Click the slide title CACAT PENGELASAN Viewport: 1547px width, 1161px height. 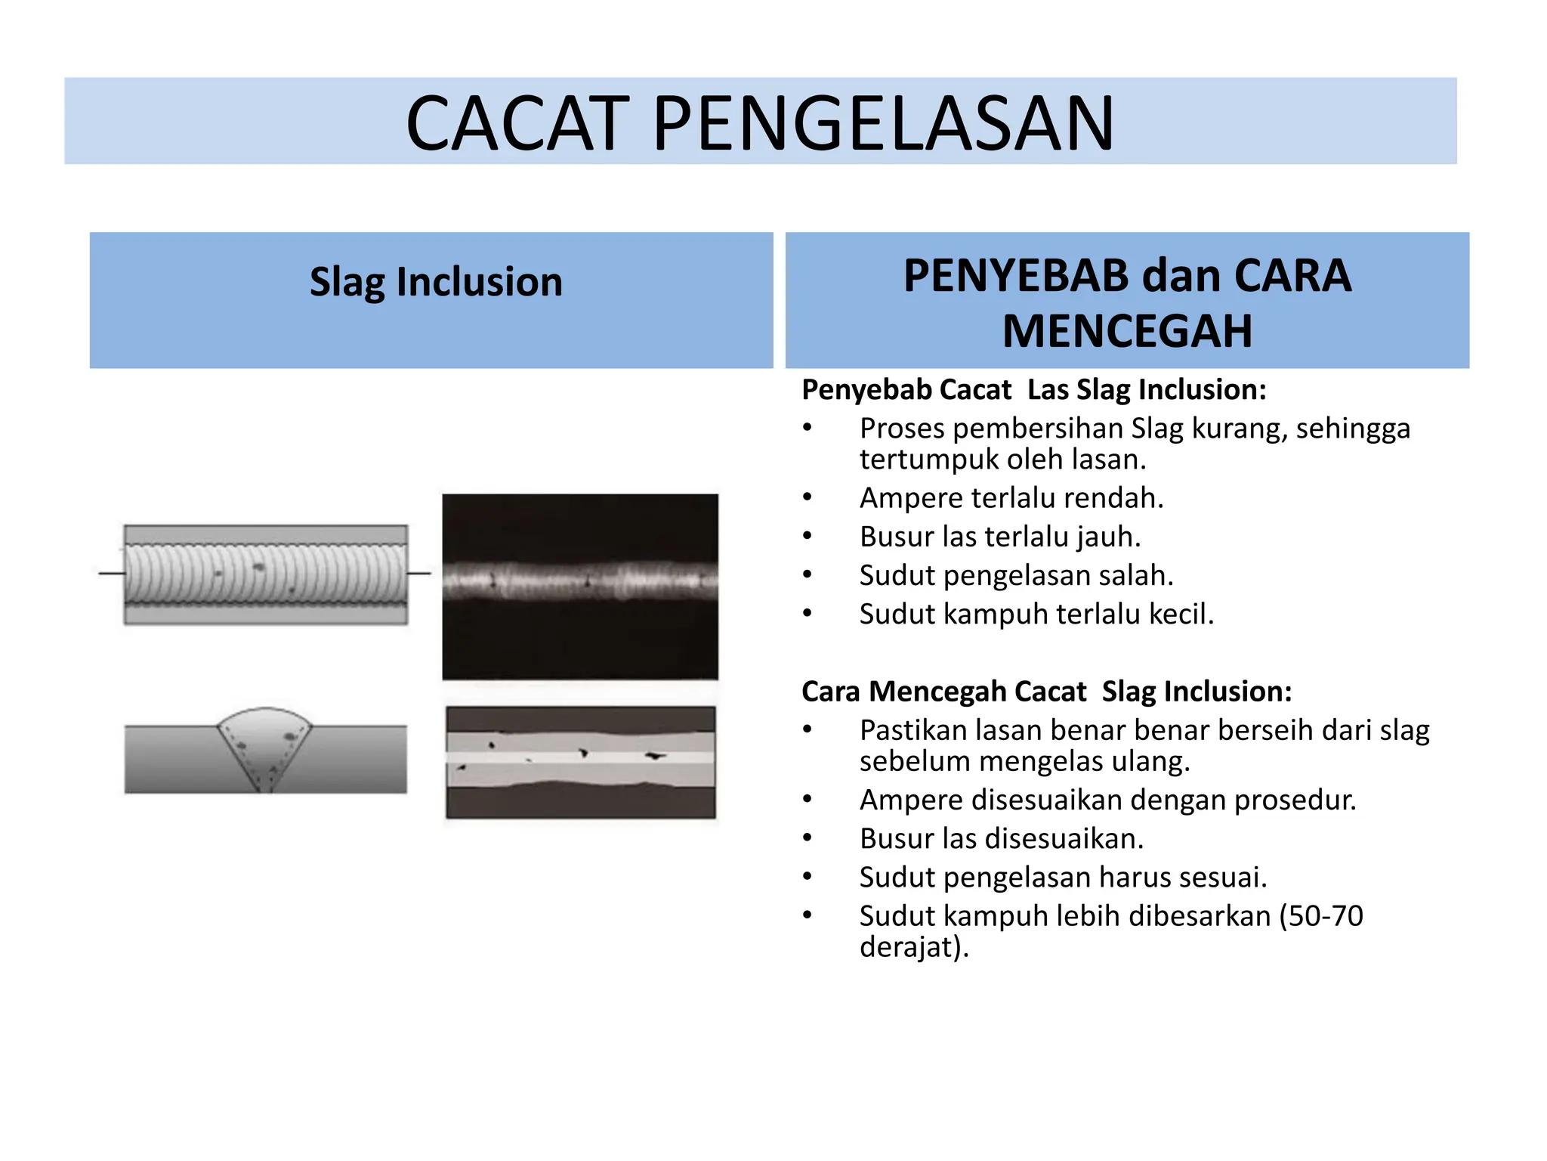pos(760,123)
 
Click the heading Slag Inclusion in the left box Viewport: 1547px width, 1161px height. pos(436,282)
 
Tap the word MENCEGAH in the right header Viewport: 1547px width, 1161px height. pos(1126,331)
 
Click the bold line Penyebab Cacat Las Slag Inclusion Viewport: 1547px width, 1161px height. pos(1033,390)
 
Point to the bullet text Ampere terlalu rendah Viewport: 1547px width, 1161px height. pos(1011,498)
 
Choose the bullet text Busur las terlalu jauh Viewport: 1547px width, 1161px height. pos(999,537)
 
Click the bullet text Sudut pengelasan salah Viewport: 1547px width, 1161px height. pos(1016,576)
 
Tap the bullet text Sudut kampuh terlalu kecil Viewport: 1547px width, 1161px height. pos(1036,615)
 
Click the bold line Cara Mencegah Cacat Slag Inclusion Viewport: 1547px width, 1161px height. pos(1046,692)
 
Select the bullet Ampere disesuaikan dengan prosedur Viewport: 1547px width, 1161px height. pos(1107,800)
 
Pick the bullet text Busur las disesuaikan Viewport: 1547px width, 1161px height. pos(1001,839)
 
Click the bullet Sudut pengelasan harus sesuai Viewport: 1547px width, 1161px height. pos(1063,878)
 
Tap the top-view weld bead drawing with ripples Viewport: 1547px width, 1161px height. pos(265,574)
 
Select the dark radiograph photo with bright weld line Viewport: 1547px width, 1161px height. pos(580,587)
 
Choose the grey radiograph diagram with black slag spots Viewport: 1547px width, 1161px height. pos(580,762)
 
